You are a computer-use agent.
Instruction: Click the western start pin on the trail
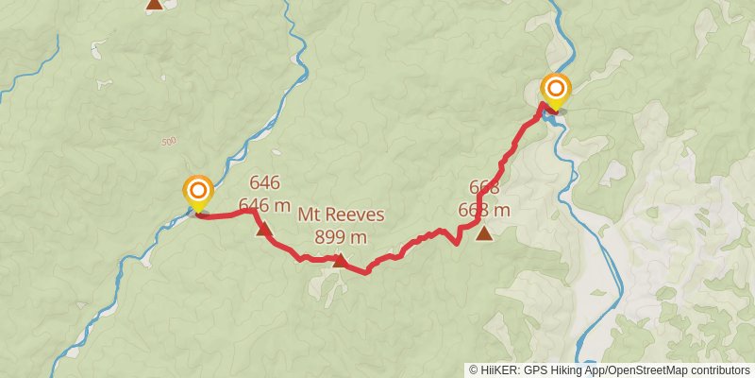pyautogui.click(x=198, y=195)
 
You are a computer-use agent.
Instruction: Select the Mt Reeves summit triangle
pyautogui.click(x=339, y=261)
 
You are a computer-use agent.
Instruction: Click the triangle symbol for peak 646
pyautogui.click(x=263, y=229)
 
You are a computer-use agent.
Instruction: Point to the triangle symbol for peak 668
pyautogui.click(x=484, y=233)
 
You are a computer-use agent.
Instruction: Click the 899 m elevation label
pyautogui.click(x=340, y=236)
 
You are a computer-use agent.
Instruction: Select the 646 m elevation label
pyautogui.click(x=264, y=204)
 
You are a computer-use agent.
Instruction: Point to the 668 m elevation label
pyautogui.click(x=484, y=210)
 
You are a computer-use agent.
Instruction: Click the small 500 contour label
pyautogui.click(x=169, y=142)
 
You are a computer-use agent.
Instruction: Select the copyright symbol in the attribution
pyautogui.click(x=474, y=370)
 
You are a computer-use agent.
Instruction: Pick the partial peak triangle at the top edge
pyautogui.click(x=154, y=4)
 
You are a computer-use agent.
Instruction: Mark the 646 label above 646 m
pyautogui.click(x=264, y=183)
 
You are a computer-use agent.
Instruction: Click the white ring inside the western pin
pyautogui.click(x=198, y=188)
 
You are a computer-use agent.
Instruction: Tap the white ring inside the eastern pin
pyautogui.click(x=556, y=89)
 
